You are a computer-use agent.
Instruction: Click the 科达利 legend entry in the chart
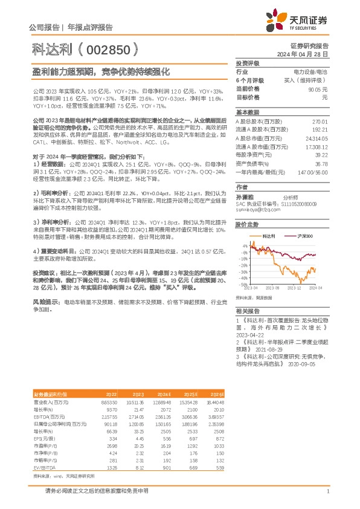click(x=271, y=235)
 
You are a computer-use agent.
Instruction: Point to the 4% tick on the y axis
click(x=243, y=246)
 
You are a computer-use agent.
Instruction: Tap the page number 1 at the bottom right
click(x=327, y=491)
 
